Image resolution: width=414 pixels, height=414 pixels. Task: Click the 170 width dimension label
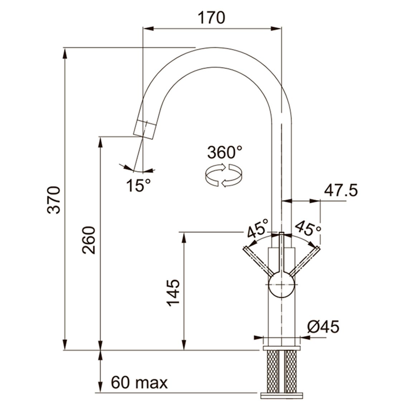[211, 18]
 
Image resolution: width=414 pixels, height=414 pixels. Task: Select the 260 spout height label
[88, 240]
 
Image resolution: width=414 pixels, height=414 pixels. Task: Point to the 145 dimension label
[173, 293]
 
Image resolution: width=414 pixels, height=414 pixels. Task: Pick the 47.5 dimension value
[341, 190]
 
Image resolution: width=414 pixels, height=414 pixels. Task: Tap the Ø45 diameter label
[323, 327]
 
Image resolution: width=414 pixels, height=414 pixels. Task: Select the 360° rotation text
[225, 152]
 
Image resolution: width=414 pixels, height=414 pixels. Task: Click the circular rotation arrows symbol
[223, 175]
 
